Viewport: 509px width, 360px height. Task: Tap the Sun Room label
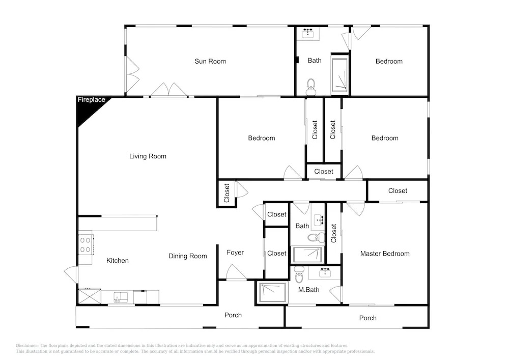(210, 61)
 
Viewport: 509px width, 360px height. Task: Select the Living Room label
(148, 156)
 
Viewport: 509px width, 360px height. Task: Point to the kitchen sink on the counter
(121, 297)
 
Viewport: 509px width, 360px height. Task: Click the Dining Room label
(188, 256)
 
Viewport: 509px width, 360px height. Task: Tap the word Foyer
(235, 253)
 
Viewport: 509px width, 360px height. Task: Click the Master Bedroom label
(385, 254)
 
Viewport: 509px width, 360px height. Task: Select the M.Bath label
(308, 290)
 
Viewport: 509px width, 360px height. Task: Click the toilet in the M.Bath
(299, 275)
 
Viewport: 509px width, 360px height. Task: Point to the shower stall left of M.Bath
(271, 292)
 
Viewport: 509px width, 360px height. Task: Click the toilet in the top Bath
(311, 87)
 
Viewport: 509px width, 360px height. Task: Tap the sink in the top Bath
(307, 33)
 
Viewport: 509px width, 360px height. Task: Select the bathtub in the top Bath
(340, 75)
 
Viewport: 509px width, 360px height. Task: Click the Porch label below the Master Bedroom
(368, 318)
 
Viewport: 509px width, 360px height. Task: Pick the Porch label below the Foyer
(233, 315)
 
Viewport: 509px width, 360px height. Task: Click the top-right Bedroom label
(389, 61)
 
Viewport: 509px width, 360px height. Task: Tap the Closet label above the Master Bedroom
(398, 191)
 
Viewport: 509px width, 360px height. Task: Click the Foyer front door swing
(236, 272)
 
